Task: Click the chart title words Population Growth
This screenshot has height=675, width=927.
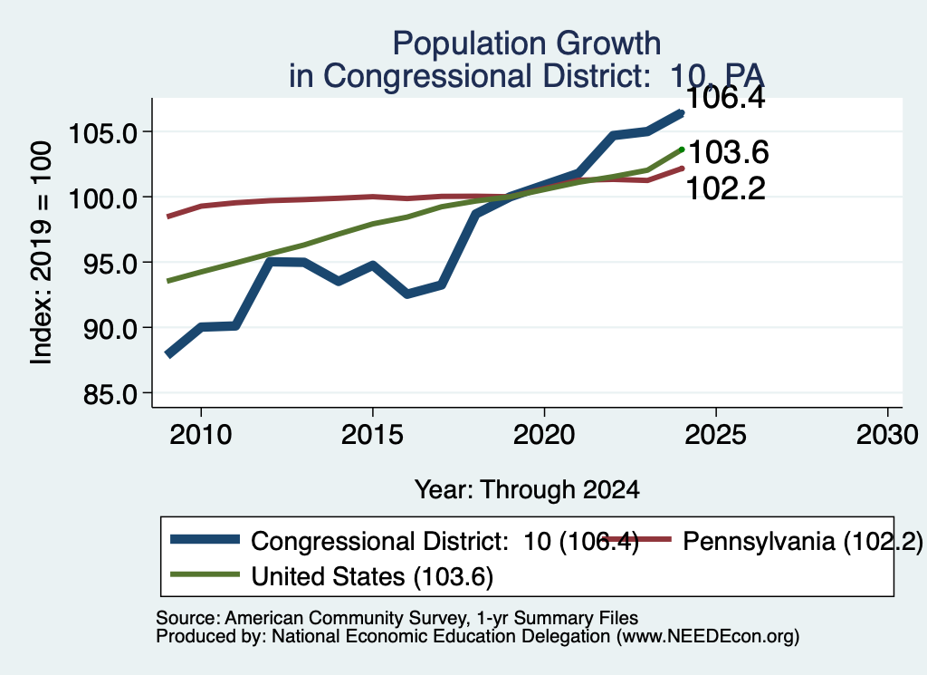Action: [x=526, y=43]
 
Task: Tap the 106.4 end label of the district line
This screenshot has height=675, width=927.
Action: [x=725, y=98]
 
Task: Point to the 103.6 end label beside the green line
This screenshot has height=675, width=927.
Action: [x=729, y=152]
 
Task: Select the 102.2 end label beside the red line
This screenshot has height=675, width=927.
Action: [x=725, y=189]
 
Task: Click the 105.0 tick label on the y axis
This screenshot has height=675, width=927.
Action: [x=103, y=132]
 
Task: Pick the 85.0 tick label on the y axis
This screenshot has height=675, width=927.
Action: [x=110, y=394]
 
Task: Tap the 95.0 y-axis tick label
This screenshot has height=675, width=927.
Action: [x=110, y=264]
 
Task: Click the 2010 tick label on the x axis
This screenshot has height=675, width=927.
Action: [x=201, y=435]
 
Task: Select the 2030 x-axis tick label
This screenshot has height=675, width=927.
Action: [x=887, y=435]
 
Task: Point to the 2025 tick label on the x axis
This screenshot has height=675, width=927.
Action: [x=716, y=435]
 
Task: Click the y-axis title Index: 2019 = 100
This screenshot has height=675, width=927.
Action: [x=41, y=253]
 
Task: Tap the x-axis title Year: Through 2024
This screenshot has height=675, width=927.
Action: [x=527, y=490]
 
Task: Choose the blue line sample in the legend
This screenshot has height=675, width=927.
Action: [x=205, y=539]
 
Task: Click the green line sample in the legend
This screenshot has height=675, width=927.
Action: [x=205, y=574]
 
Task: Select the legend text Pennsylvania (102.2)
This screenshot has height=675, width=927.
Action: [x=802, y=541]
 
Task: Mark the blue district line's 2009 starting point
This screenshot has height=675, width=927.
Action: [x=168, y=354]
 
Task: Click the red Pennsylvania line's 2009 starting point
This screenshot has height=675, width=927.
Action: [x=168, y=217]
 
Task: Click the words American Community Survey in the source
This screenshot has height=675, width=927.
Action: [x=345, y=618]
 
